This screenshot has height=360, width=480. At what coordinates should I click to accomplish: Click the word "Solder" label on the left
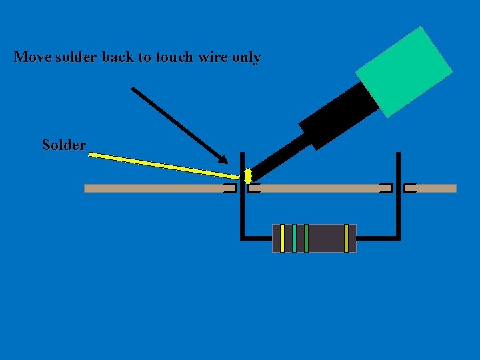tap(64, 145)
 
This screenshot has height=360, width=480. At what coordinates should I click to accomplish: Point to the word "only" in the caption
tap(246, 57)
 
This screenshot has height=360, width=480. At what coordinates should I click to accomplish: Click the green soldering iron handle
tap(404, 72)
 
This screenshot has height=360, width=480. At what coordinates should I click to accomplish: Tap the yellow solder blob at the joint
tap(248, 176)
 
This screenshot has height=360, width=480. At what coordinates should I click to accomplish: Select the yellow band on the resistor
tap(282, 238)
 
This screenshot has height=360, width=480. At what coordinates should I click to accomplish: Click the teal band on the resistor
tap(294, 238)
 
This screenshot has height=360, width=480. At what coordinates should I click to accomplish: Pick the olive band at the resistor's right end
tap(346, 238)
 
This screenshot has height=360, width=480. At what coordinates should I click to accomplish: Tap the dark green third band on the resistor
tap(306, 238)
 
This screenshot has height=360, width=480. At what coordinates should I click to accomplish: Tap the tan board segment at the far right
tap(436, 188)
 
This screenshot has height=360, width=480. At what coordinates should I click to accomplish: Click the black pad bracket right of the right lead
tap(409, 188)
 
